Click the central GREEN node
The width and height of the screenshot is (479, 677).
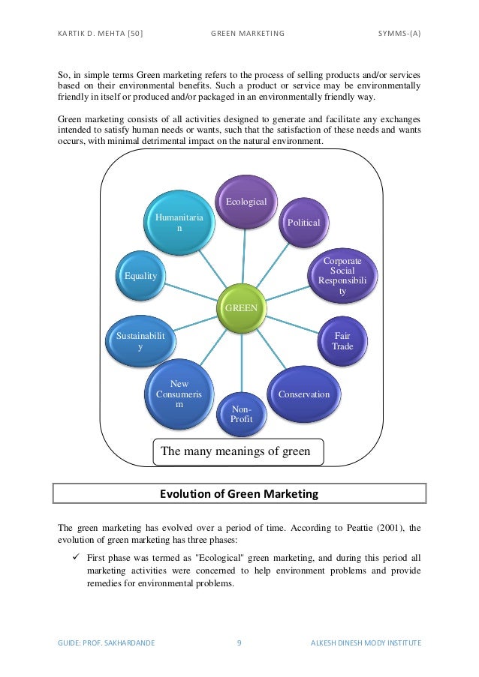pyautogui.click(x=242, y=307)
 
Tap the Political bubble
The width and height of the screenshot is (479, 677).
pyautogui.click(x=303, y=223)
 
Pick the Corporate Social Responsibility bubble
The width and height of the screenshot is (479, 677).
pyautogui.click(x=342, y=276)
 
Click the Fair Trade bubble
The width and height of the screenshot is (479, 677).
pyautogui.click(x=342, y=341)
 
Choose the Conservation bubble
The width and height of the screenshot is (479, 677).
pyautogui.click(x=303, y=394)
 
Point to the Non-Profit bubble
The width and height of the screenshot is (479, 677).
pyautogui.click(x=242, y=414)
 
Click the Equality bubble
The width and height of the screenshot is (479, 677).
pyautogui.click(x=140, y=276)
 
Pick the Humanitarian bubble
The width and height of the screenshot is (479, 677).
pyautogui.click(x=179, y=223)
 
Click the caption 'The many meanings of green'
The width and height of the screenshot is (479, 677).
pyautogui.click(x=237, y=451)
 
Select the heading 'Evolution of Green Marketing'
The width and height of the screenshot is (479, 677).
pyautogui.click(x=239, y=494)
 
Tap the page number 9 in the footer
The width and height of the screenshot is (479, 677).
pyautogui.click(x=239, y=643)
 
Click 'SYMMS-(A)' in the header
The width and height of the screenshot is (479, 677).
pyautogui.click(x=399, y=34)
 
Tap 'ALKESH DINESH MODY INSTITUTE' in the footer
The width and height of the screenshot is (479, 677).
pyautogui.click(x=366, y=643)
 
